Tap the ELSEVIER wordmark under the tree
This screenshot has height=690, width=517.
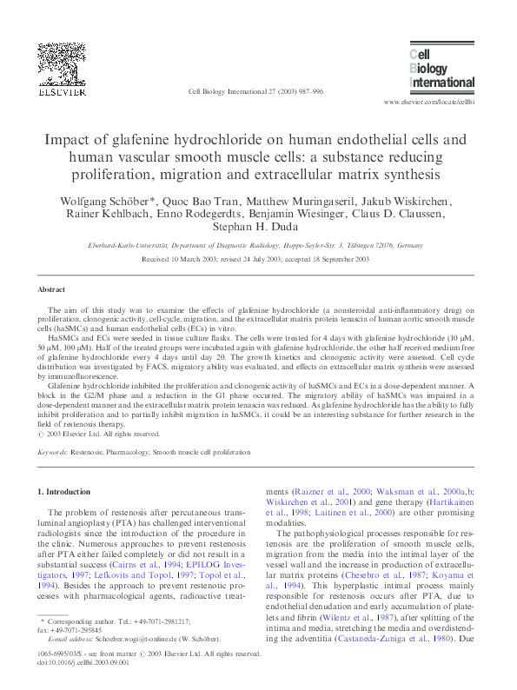60,90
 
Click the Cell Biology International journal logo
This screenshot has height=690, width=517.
441,70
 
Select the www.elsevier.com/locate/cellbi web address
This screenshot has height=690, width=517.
428,102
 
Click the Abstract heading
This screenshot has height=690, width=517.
51,289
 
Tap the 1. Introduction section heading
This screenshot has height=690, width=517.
66,492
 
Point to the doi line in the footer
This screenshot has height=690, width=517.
79,662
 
